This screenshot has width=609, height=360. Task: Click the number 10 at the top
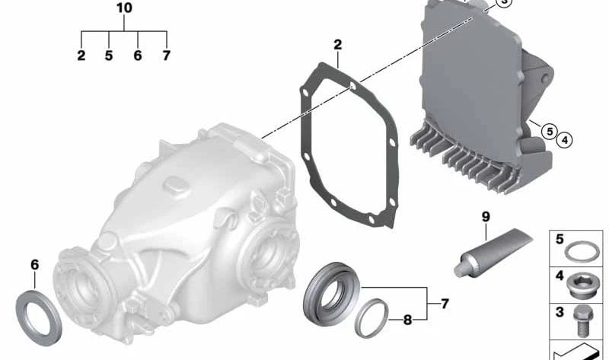(124, 8)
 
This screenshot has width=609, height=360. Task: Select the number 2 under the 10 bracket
(81, 56)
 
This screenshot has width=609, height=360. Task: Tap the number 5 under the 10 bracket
(109, 56)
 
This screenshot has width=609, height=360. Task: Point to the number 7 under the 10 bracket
(166, 56)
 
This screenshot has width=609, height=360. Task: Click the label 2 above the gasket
(337, 45)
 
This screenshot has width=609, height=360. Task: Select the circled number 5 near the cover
(550, 132)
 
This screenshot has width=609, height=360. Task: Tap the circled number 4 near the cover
(564, 140)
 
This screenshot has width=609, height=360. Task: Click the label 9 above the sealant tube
(486, 217)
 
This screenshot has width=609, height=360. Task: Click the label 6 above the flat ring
(34, 265)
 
